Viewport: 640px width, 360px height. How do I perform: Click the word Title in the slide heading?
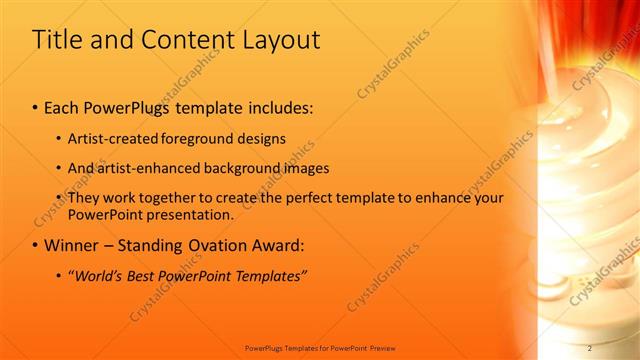click(56, 40)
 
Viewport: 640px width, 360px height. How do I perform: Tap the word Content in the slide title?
click(183, 40)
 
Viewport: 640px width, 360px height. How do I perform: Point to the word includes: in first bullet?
click(275, 106)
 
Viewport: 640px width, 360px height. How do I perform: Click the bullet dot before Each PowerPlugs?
click(36, 107)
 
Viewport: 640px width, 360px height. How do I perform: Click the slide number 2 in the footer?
click(590, 347)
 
